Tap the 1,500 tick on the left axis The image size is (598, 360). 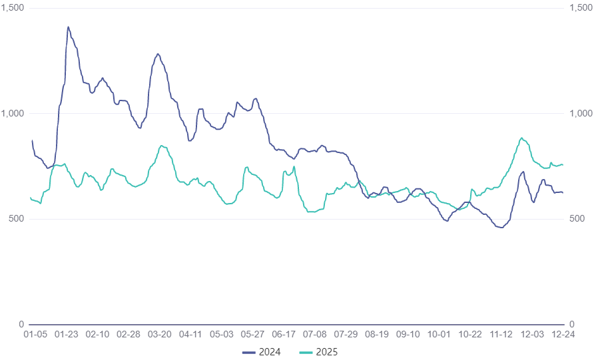coord(13,7)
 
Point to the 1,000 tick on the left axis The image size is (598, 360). coord(13,113)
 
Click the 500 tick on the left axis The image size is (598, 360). coord(17,219)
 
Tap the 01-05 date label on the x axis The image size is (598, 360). coord(35,335)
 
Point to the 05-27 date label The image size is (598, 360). coord(252,335)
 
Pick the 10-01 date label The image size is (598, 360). coord(439,335)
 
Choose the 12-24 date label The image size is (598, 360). coord(563,335)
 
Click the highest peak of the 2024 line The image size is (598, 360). coord(68,27)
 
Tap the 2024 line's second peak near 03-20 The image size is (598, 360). coord(158,54)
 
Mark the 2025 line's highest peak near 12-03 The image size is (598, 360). coord(522,138)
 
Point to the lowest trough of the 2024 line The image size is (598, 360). coord(501,228)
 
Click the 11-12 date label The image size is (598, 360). coord(501,335)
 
